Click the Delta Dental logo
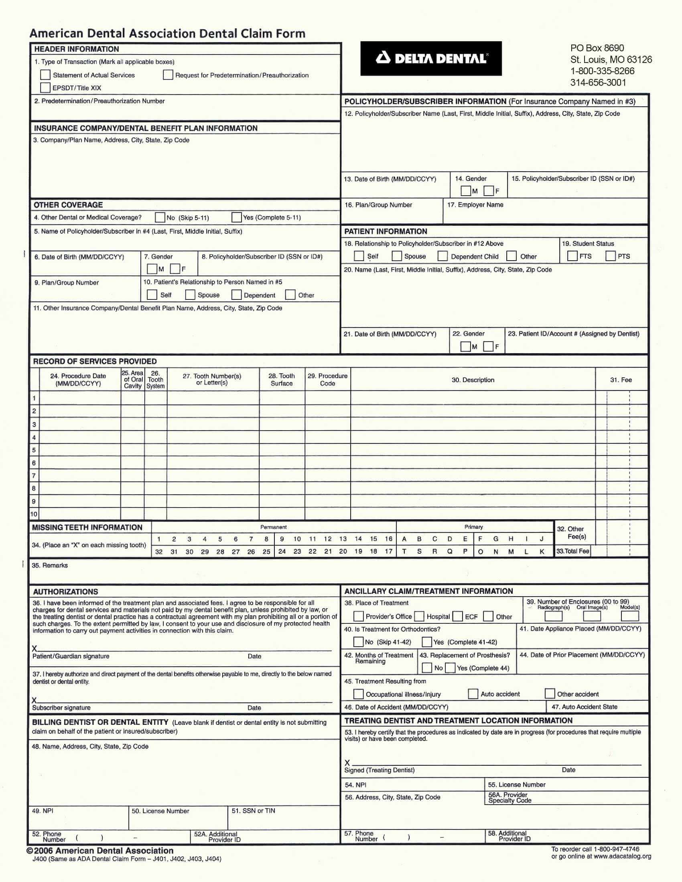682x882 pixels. (431, 59)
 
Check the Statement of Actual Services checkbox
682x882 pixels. (45, 75)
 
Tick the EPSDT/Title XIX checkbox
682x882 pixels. (45, 88)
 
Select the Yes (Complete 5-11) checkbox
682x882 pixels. (236, 217)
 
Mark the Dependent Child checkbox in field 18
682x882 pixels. (443, 256)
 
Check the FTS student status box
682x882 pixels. (572, 256)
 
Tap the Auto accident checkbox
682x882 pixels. (473, 694)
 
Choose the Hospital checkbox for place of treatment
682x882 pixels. (419, 616)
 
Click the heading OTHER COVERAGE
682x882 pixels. (68, 205)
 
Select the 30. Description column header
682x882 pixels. (473, 380)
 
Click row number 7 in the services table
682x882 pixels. (34, 475)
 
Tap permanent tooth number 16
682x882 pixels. (388, 539)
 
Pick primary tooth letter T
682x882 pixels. (404, 551)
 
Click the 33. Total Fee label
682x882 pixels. (572, 551)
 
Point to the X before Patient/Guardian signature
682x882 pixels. (35, 649)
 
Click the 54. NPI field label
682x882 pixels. (355, 785)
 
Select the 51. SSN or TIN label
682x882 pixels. (253, 811)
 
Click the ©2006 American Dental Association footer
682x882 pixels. (100, 850)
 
